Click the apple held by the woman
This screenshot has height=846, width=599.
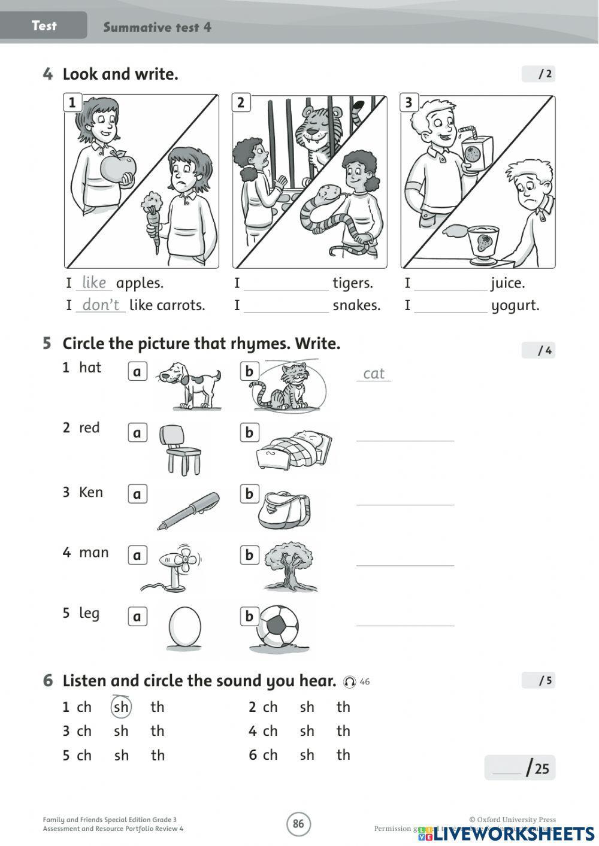[x=118, y=168]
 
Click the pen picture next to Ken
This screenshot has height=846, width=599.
[x=189, y=510]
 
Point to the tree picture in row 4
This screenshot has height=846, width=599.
[x=291, y=566]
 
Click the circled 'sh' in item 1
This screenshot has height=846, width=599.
[x=121, y=707]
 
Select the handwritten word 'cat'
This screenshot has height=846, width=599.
[x=374, y=374]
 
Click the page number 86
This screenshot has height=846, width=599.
[x=298, y=824]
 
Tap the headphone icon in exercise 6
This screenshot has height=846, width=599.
[x=349, y=682]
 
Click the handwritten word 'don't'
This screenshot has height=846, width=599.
[x=101, y=305]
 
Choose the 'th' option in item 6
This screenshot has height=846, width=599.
[x=343, y=755]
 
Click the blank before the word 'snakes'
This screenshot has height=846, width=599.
[x=286, y=307]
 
